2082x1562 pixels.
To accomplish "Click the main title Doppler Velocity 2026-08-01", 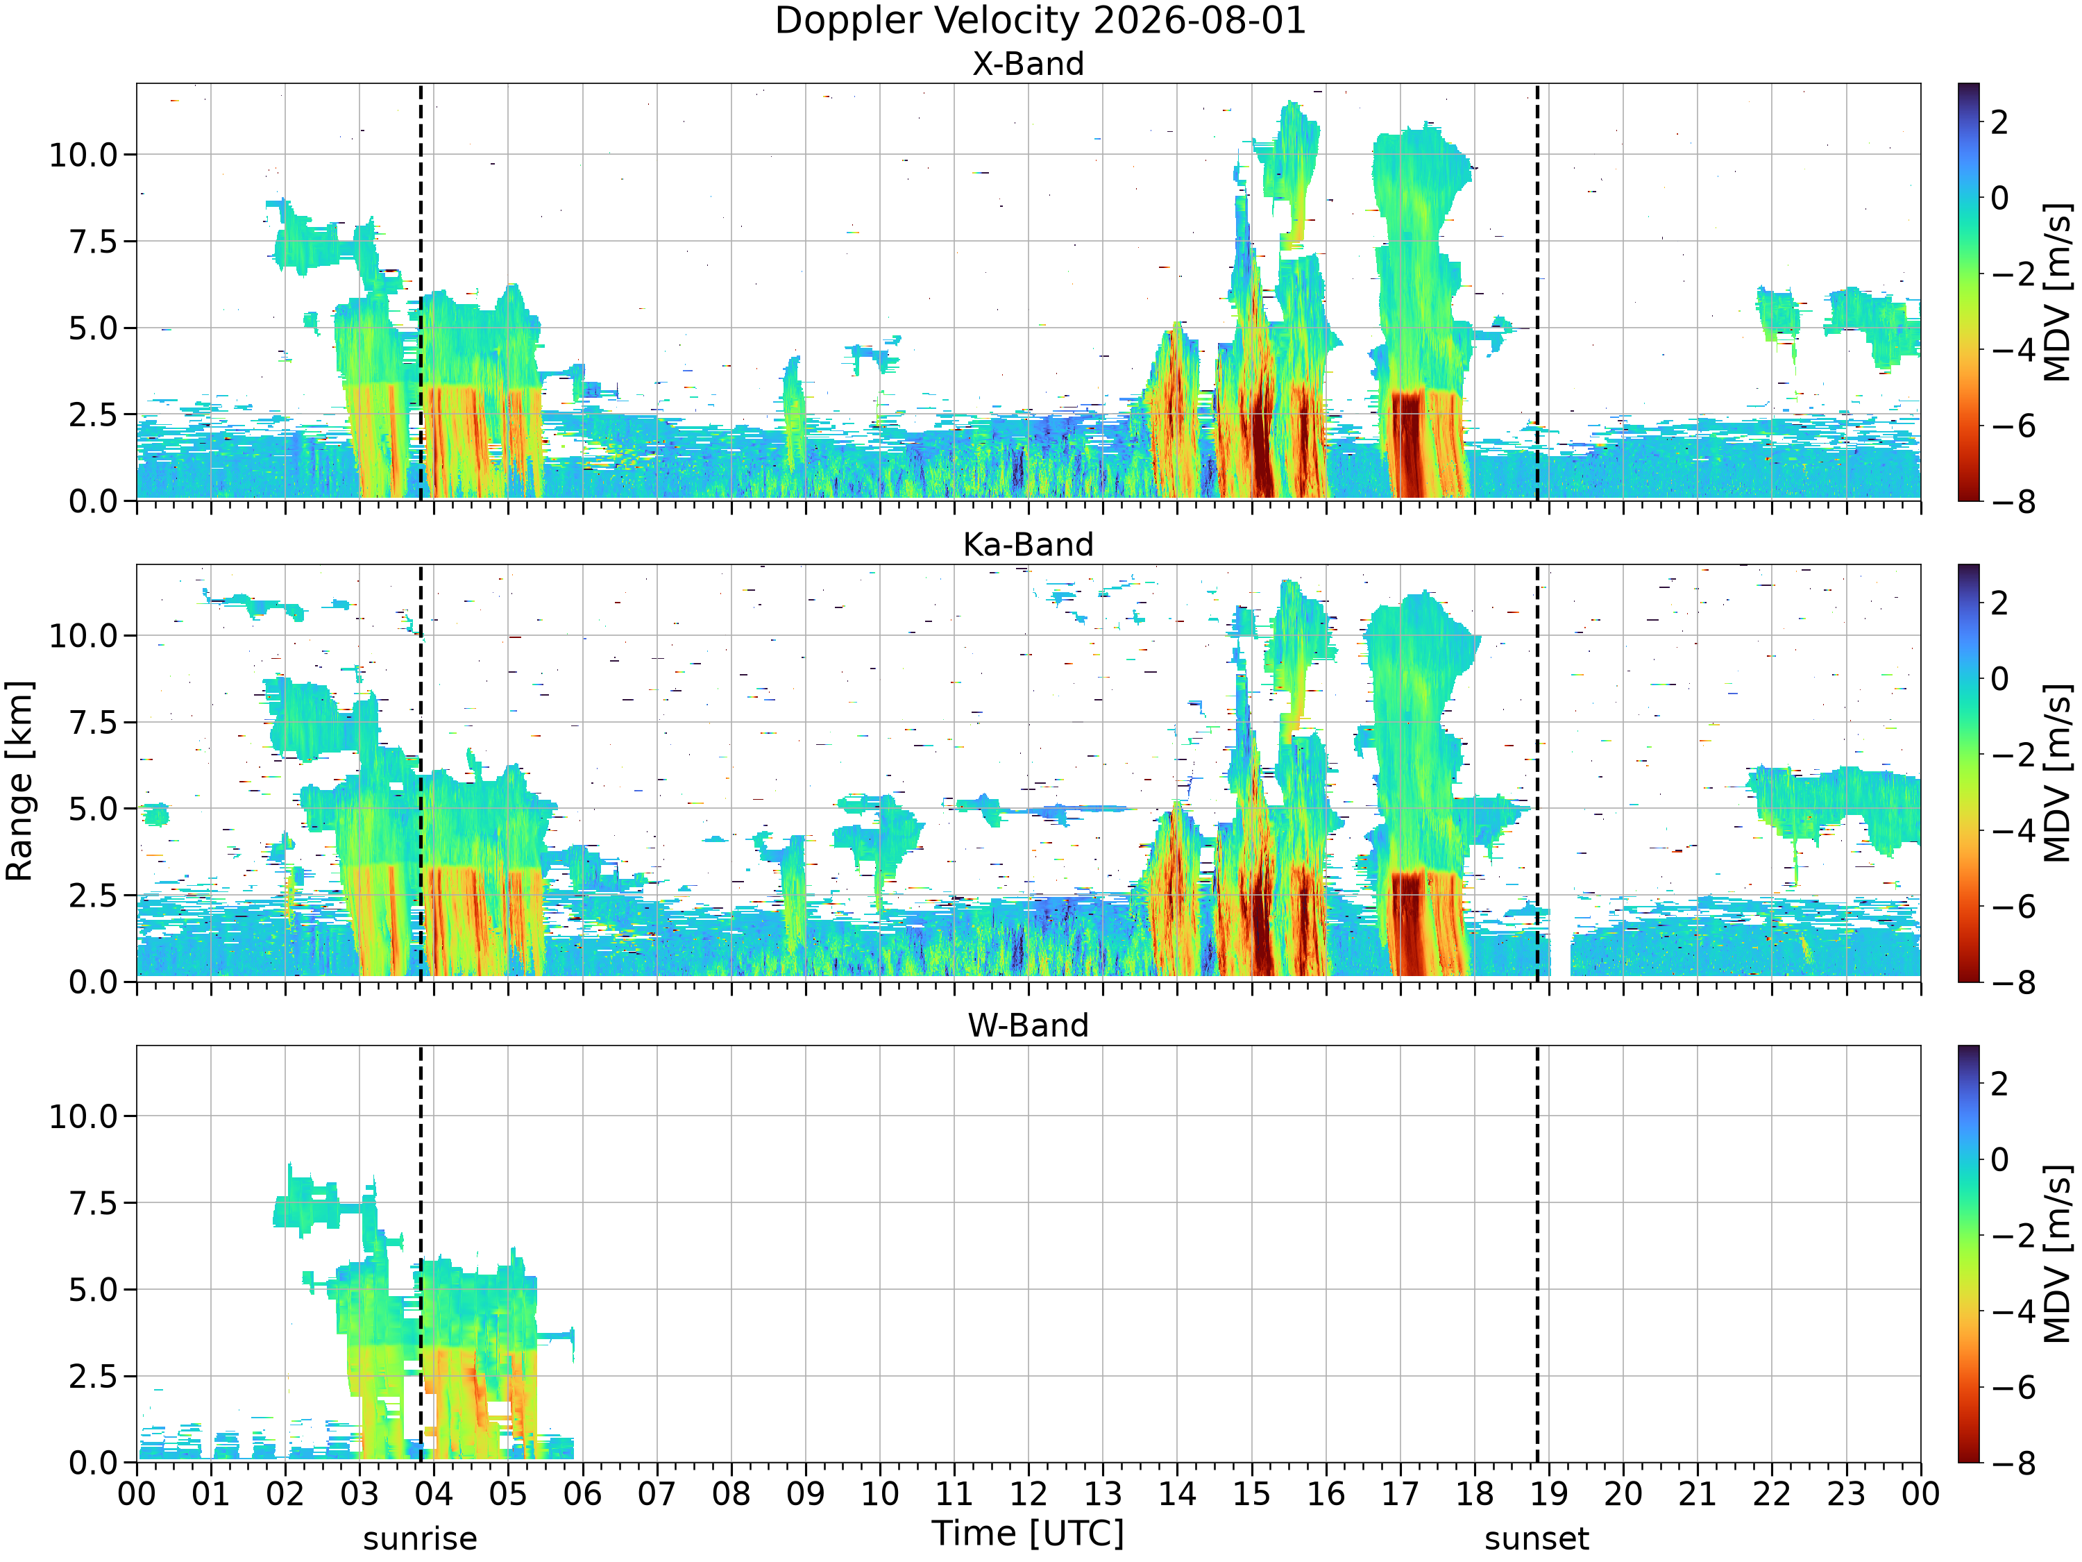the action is click(1040, 21).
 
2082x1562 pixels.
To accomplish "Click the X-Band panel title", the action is click(1028, 63).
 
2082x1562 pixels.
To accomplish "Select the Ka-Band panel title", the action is click(1028, 544).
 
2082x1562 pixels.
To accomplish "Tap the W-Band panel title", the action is click(1028, 1025).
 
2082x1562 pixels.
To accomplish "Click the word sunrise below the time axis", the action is click(420, 1538).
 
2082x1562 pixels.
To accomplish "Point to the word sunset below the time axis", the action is click(1537, 1538).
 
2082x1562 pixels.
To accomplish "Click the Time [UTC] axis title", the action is click(1028, 1533).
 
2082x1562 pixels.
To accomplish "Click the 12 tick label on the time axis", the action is click(1028, 1493).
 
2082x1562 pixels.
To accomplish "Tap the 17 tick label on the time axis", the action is click(1400, 1493).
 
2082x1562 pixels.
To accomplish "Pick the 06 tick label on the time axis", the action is click(583, 1493).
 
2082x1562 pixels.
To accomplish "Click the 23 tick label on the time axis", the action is click(1846, 1493).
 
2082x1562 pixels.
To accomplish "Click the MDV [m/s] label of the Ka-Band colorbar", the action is click(2058, 773).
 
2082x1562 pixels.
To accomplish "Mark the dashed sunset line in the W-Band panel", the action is click(1537, 1253).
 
